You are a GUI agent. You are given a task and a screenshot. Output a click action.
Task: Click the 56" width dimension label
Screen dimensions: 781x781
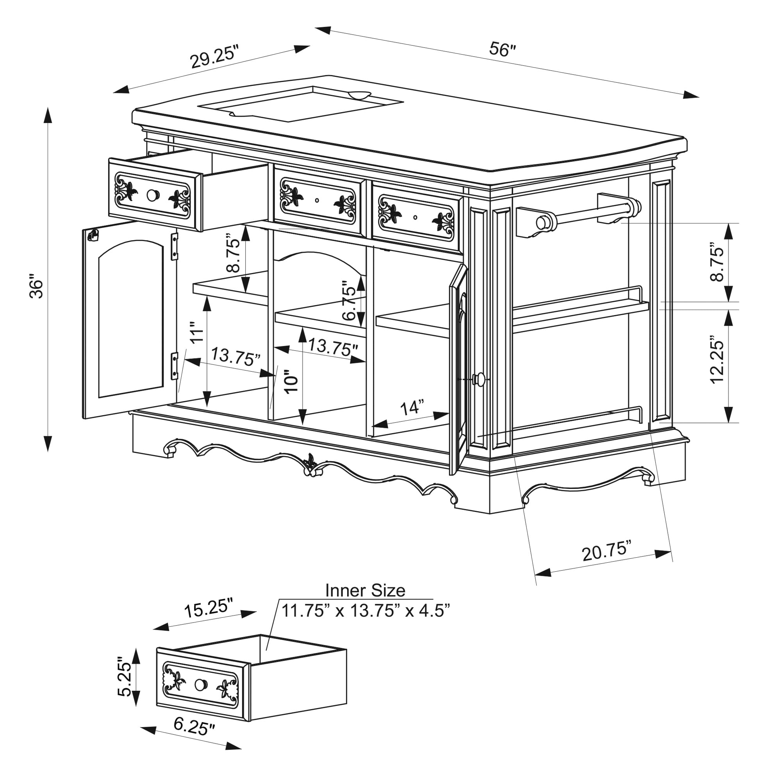click(x=503, y=50)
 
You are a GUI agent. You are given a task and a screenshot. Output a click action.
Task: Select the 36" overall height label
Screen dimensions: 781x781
click(x=36, y=287)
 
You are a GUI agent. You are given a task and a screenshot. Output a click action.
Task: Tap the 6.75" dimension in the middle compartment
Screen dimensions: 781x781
click(x=348, y=300)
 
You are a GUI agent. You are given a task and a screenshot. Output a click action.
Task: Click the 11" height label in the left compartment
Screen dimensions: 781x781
click(x=197, y=333)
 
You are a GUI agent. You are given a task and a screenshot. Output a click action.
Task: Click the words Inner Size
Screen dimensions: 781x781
click(x=365, y=590)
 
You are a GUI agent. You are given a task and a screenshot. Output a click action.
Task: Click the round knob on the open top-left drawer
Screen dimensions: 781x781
click(x=153, y=195)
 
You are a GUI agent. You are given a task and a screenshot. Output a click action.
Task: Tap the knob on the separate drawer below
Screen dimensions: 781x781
click(x=200, y=685)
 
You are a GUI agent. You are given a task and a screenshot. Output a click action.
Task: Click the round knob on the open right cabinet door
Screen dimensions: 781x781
click(x=479, y=379)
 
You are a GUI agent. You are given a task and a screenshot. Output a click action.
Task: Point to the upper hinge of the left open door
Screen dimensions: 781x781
click(x=175, y=246)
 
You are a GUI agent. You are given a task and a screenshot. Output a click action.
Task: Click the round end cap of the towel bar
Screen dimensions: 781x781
click(x=542, y=223)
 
